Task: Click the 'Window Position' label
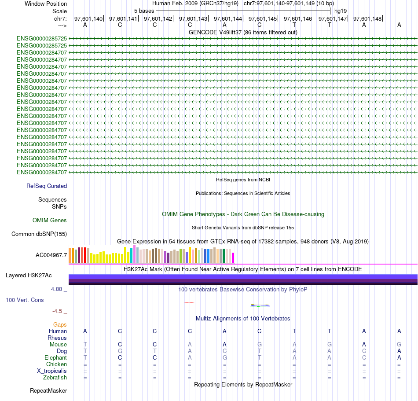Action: tap(46, 4)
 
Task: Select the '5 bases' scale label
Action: tap(144, 11)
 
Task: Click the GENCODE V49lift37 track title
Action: tap(243, 32)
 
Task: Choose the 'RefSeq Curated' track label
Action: tap(47, 186)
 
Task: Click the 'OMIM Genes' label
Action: tap(50, 220)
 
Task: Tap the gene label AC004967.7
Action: tap(51, 255)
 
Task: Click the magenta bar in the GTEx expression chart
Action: tap(233, 258)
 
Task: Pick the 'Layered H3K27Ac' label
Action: tap(29, 276)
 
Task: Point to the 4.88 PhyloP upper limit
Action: tap(59, 289)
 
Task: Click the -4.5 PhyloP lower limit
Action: tap(59, 311)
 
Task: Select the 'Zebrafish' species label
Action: tap(55, 377)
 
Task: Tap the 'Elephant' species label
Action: tap(55, 358)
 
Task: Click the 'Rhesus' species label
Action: tap(57, 338)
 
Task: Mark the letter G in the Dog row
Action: tap(120, 351)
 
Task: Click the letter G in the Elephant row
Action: tap(224, 358)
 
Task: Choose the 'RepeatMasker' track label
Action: tap(48, 390)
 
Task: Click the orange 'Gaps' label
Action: tap(60, 324)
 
